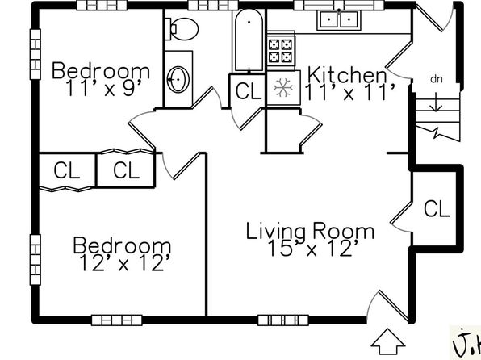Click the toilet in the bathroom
[182, 29]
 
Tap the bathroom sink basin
[178, 79]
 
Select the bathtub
[249, 40]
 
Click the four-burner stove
[281, 51]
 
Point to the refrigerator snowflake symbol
[283, 88]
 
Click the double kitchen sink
[339, 20]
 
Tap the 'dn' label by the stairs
[437, 79]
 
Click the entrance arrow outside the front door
[387, 341]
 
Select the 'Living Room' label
[310, 232]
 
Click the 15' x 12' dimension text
[312, 249]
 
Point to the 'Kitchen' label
[347, 74]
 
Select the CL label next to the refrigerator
[249, 91]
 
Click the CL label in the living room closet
[437, 209]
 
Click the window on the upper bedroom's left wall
[36, 54]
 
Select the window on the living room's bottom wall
[282, 320]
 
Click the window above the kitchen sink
[339, 5]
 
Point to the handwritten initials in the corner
[466, 342]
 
